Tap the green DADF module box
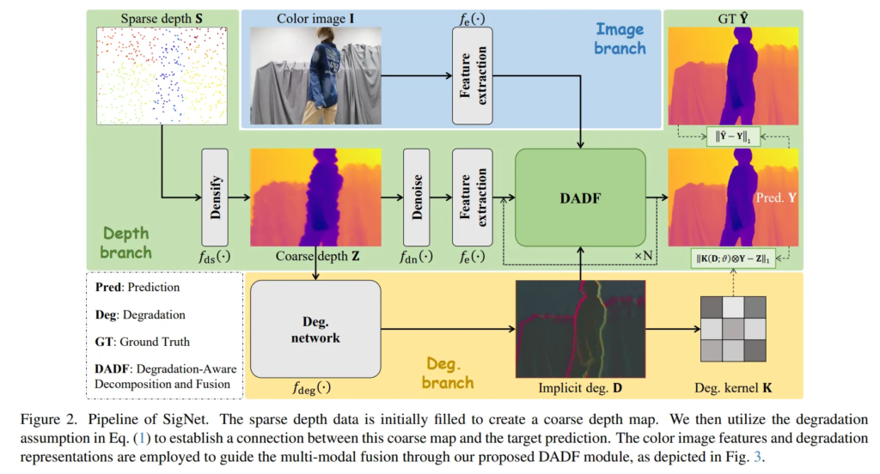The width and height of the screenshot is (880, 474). [x=579, y=198]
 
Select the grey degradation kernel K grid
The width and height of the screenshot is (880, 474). [x=732, y=330]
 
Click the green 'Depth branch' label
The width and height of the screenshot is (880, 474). [x=125, y=243]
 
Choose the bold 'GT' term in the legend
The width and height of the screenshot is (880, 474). [x=102, y=340]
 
